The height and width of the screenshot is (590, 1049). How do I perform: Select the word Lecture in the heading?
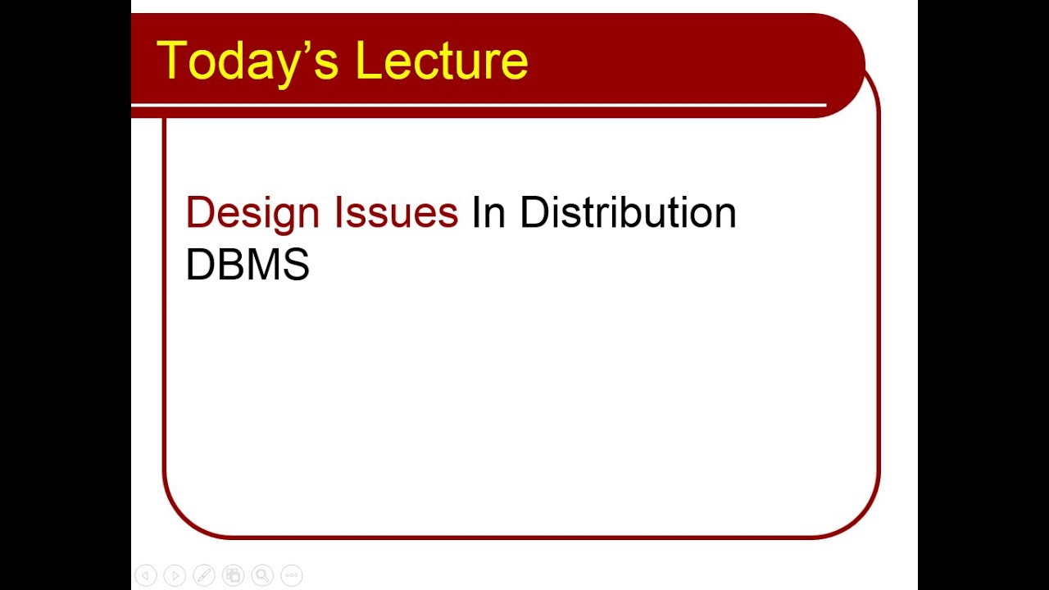coord(442,61)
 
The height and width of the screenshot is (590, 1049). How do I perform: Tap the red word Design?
coord(252,213)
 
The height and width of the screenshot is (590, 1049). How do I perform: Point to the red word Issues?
coord(396,213)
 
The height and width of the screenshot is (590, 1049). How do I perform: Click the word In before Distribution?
coord(488,213)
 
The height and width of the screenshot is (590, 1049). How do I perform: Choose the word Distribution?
coord(628,213)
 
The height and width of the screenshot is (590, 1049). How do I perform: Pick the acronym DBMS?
coord(247,265)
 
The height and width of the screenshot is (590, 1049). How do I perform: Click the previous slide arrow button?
coord(145,576)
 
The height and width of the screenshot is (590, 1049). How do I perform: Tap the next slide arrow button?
coord(175,576)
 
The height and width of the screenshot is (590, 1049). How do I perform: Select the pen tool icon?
coord(203,576)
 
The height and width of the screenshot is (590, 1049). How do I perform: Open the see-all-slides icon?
coord(233,576)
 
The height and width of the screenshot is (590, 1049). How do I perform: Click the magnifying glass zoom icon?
coord(262,576)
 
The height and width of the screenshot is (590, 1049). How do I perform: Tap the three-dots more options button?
coord(292,576)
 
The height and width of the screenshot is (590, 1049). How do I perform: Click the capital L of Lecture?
coord(367,61)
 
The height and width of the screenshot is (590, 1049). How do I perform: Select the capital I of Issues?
coord(339,213)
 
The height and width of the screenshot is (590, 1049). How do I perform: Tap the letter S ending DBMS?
coord(297,265)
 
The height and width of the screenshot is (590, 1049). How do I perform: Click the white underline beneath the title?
coord(479,105)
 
